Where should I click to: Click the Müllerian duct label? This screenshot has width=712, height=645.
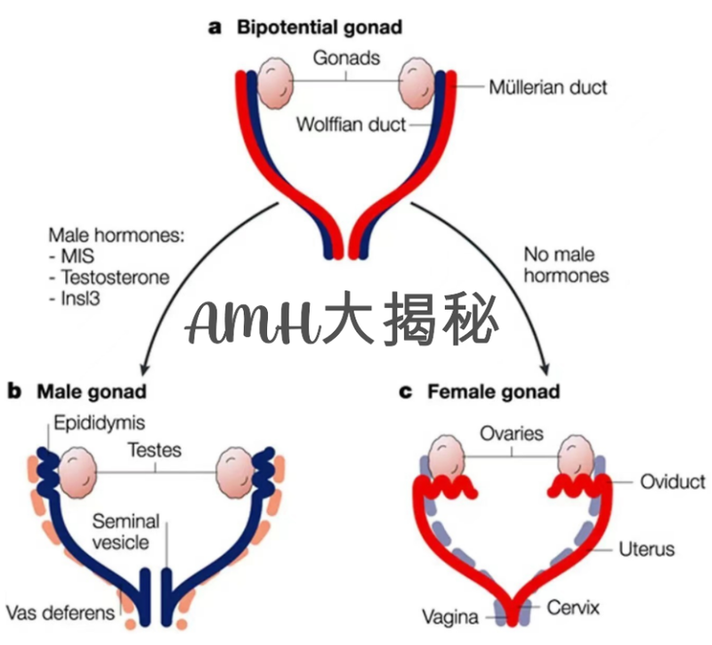pos(547,87)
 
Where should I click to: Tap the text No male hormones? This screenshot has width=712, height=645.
pos(566,265)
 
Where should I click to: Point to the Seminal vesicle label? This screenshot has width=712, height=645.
pos(125,531)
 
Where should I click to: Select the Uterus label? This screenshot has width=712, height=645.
pos(646,548)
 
